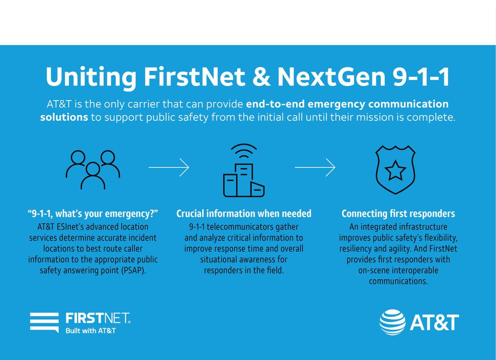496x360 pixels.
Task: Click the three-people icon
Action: (93, 169)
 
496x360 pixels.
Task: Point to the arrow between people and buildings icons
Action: (169, 167)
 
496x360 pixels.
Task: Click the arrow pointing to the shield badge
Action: (315, 167)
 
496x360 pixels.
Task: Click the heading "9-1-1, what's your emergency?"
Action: (93, 213)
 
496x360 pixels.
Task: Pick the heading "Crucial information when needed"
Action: (244, 213)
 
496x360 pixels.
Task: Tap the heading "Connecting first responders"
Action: (398, 213)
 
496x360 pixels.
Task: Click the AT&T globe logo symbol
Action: (393, 322)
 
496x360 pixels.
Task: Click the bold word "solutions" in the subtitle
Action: (64, 117)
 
